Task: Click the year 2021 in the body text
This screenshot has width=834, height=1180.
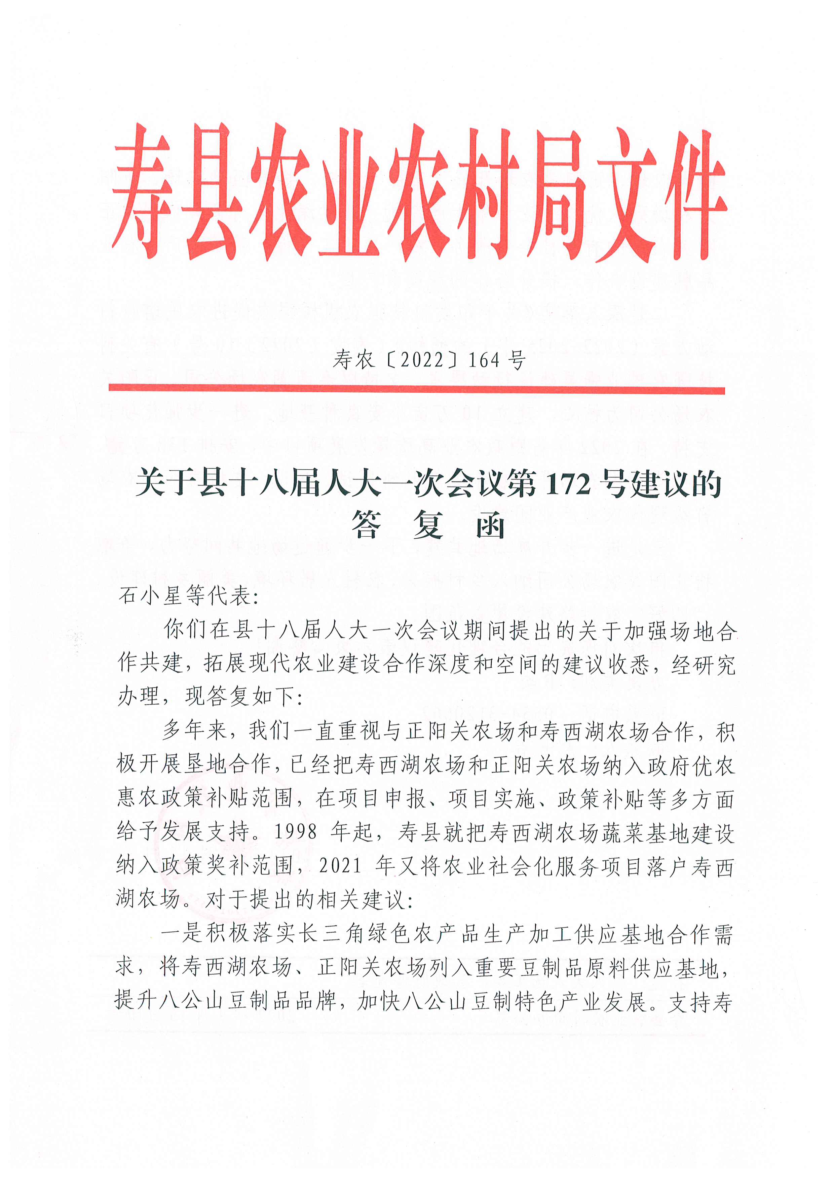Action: (340, 865)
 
